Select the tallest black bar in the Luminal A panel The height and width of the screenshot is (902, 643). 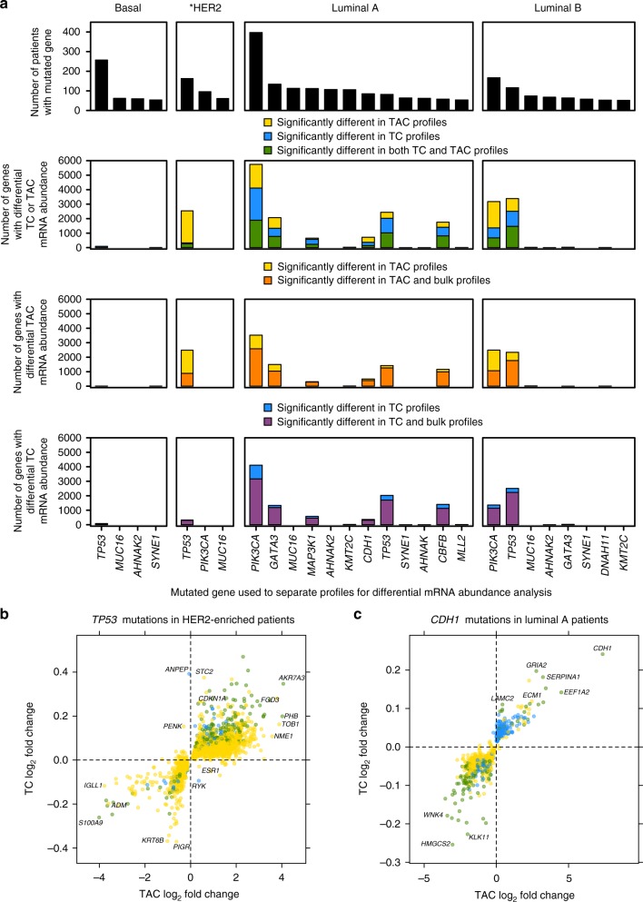point(256,72)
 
